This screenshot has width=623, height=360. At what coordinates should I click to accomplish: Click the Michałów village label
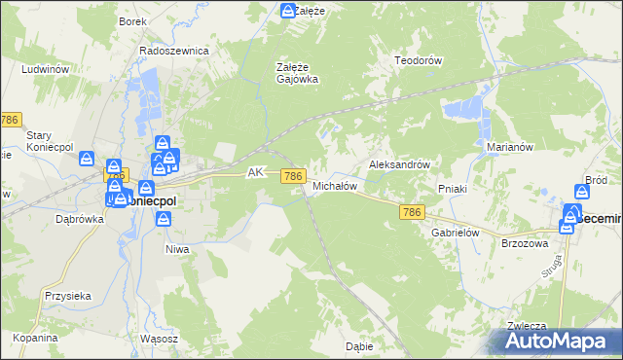click(x=335, y=185)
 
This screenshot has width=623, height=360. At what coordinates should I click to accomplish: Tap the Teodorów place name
click(x=419, y=60)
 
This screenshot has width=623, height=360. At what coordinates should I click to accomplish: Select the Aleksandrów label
click(x=399, y=165)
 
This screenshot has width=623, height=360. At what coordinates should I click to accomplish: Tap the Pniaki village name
click(x=455, y=188)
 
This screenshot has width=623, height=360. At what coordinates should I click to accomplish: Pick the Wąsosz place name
click(x=159, y=338)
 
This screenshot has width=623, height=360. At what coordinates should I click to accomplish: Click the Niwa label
click(x=176, y=249)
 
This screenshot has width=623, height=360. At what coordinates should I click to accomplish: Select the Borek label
click(x=132, y=21)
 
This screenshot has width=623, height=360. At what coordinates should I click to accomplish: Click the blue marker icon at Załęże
click(x=288, y=12)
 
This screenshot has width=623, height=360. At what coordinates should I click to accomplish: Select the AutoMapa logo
click(x=561, y=342)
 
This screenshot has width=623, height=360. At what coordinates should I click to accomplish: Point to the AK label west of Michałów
click(x=256, y=172)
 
